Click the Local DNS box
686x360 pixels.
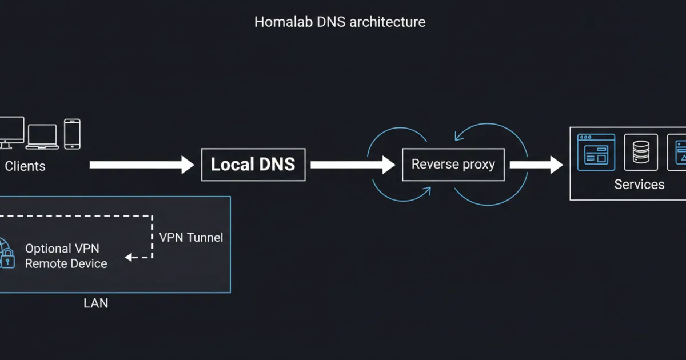pyautogui.click(x=253, y=165)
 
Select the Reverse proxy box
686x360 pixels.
pyautogui.click(x=453, y=165)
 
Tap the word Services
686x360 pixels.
pyautogui.click(x=639, y=185)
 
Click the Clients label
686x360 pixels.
pyautogui.click(x=25, y=166)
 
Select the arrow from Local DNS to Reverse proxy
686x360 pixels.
pyautogui.click(x=352, y=165)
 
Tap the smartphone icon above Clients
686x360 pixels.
pyautogui.click(x=72, y=134)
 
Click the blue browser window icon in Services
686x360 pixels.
pyautogui.click(x=596, y=152)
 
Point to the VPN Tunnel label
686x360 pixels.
pyautogui.click(x=191, y=238)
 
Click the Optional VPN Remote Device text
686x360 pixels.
pyautogui.click(x=66, y=256)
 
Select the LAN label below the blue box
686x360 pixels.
pyautogui.click(x=95, y=303)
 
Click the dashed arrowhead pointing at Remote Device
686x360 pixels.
pyautogui.click(x=130, y=258)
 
